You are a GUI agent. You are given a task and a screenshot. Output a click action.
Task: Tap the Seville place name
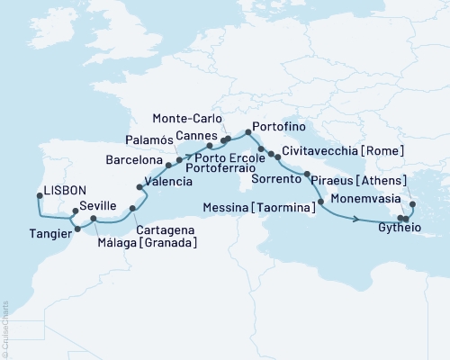(97, 206)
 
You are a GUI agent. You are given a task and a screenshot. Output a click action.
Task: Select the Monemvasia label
(361, 196)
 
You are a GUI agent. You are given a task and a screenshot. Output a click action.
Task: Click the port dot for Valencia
(139, 189)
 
